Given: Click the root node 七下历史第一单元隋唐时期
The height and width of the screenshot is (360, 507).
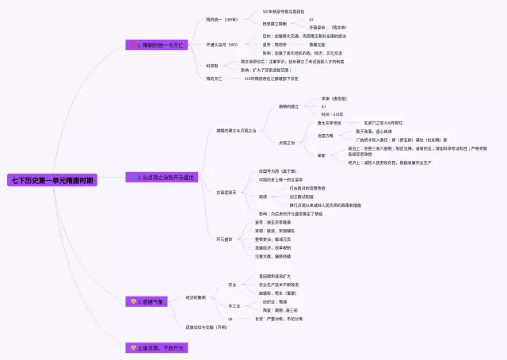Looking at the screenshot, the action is click(x=52, y=181).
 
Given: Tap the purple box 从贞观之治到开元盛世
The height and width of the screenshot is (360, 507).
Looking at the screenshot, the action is click(x=160, y=178).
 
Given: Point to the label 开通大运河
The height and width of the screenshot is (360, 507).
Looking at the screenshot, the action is click(x=222, y=44).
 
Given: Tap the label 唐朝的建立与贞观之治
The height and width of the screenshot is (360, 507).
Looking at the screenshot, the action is click(x=236, y=130).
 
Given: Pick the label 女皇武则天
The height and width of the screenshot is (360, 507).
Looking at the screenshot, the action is click(x=227, y=192).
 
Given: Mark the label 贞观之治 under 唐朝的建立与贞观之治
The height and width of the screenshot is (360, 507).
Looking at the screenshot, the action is click(x=287, y=143).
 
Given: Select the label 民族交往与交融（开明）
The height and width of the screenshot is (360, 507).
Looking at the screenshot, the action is click(x=207, y=327).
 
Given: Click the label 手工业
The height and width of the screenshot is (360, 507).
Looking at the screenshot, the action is click(x=234, y=305).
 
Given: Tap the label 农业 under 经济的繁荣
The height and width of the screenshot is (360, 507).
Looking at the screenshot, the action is click(x=232, y=284).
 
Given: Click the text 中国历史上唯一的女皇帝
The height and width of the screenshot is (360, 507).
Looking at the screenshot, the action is click(x=281, y=179).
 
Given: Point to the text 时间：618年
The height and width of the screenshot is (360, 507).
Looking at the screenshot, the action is click(x=333, y=113).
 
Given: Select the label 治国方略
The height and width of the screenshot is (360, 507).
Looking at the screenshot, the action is click(x=327, y=136).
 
